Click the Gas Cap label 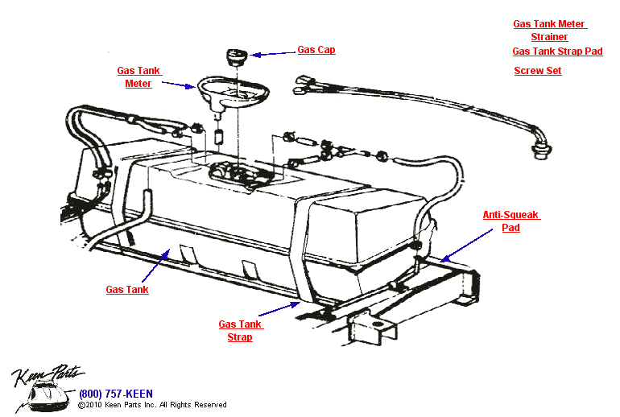pos(316,50)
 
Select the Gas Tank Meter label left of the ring pos(138,77)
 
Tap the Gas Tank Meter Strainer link pos(550,31)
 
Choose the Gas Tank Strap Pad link pos(557,52)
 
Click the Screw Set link pos(538,71)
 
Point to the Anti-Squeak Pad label pos(511,221)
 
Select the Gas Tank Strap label pos(241,330)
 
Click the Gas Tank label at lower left pos(127,290)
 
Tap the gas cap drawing pos(237,57)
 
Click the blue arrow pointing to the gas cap pos(273,53)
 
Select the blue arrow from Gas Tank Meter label pos(179,85)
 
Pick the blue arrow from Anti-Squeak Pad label pos(466,245)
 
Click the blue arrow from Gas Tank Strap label pos(279,308)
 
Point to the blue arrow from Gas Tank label pos(155,266)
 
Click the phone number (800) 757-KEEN pos(116,394)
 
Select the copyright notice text pos(152,405)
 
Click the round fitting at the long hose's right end pos(541,151)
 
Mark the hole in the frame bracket pos(378,324)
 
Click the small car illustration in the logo pos(48,395)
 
